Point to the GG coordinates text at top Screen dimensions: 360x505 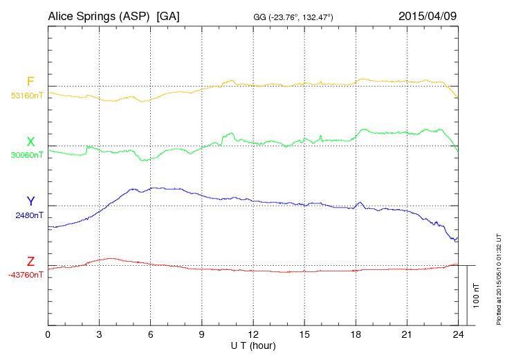[294, 17]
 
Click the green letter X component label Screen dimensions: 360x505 [30, 142]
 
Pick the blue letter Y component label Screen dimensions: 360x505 [30, 201]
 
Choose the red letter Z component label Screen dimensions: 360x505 [30, 262]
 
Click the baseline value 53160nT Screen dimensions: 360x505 [26, 96]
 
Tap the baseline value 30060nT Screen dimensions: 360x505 [26, 155]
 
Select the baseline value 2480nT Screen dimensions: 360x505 [28, 215]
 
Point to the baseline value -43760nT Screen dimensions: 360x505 [26, 275]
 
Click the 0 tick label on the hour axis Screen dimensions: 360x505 [48, 335]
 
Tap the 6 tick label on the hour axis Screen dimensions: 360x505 [151, 335]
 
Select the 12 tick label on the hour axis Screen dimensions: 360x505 [253, 335]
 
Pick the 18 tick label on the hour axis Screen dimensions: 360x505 [356, 335]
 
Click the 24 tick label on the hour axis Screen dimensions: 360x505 [458, 335]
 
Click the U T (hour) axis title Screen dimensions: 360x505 [253, 345]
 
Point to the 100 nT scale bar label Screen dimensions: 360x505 [477, 295]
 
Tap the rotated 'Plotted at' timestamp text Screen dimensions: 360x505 [498, 277]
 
